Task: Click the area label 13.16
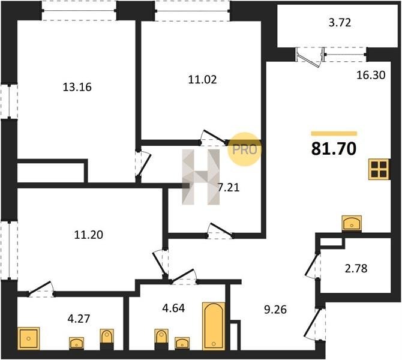[77, 87]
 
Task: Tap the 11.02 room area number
[203, 79]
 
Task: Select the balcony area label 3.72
[340, 23]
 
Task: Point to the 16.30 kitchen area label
[371, 75]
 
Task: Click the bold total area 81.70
[334, 149]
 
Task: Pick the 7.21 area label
[229, 188]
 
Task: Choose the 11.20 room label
[88, 235]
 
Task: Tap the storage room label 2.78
[356, 269]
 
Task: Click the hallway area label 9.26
[275, 310]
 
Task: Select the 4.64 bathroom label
[173, 308]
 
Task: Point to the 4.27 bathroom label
[79, 319]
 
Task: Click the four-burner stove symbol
[379, 169]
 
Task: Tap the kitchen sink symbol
[352, 223]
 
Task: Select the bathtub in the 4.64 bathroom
[214, 326]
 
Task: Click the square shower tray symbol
[29, 338]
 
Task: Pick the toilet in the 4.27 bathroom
[107, 337]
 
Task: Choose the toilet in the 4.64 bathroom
[161, 337]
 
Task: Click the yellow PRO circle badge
[244, 149]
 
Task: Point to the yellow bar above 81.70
[334, 133]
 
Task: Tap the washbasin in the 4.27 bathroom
[76, 343]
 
